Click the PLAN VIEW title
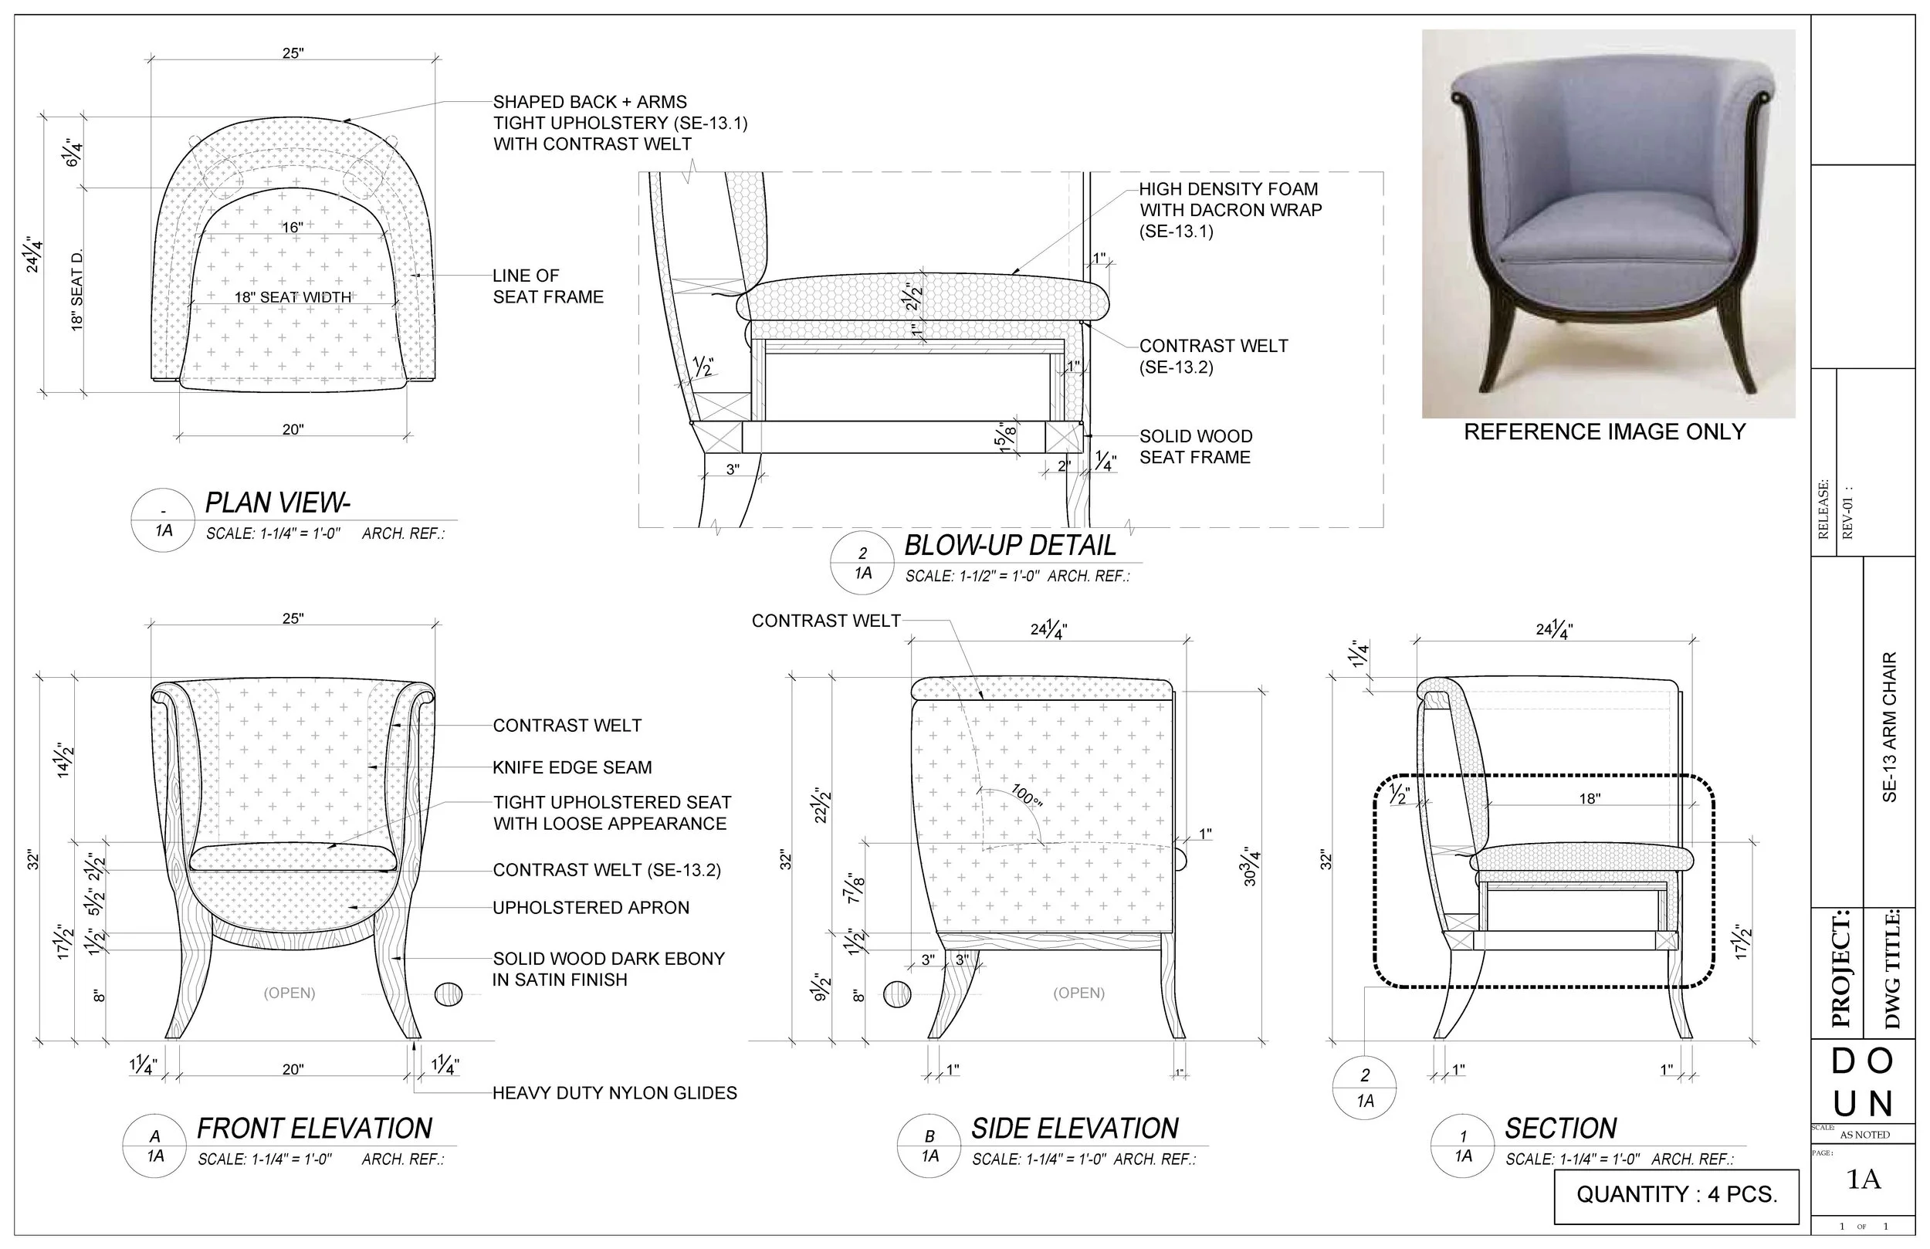pyautogui.click(x=277, y=503)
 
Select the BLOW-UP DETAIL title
pyautogui.click(x=1010, y=546)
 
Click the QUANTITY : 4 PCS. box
pyautogui.click(x=1676, y=1194)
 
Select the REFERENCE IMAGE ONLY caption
pyautogui.click(x=1604, y=432)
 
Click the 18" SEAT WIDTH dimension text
pyautogui.click(x=293, y=298)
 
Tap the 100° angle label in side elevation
pyautogui.click(x=1026, y=796)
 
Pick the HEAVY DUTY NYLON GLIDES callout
pyautogui.click(x=615, y=1093)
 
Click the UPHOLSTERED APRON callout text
pyautogui.click(x=591, y=908)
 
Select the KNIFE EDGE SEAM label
pyautogui.click(x=572, y=767)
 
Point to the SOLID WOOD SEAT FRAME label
pyautogui.click(x=1195, y=447)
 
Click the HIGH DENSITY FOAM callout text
pyautogui.click(x=1229, y=210)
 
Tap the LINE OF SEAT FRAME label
pyautogui.click(x=548, y=286)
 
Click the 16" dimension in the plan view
pyautogui.click(x=292, y=228)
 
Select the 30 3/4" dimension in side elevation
pyautogui.click(x=1250, y=866)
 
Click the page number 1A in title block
pyautogui.click(x=1864, y=1180)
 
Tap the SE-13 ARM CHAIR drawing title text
pyautogui.click(x=1889, y=726)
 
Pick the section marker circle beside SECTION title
pyautogui.click(x=1463, y=1146)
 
